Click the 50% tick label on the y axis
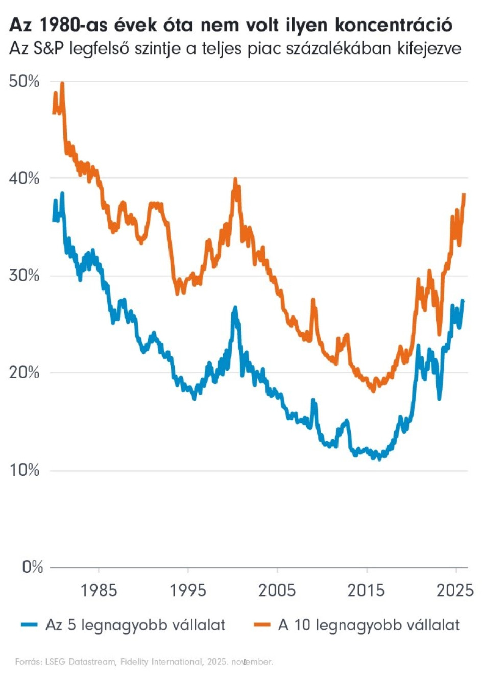24,81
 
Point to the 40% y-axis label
24,178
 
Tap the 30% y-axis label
24,276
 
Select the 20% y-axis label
24,373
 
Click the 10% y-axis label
24,470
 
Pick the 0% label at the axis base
32,567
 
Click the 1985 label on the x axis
99,590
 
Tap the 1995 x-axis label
188,590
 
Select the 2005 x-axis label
277,590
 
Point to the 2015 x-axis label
366,590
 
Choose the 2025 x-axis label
455,590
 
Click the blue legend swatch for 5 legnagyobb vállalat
29,625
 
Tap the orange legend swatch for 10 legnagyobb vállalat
262,625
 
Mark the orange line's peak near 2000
235,179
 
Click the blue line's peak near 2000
235,308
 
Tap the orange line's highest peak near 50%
62,83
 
